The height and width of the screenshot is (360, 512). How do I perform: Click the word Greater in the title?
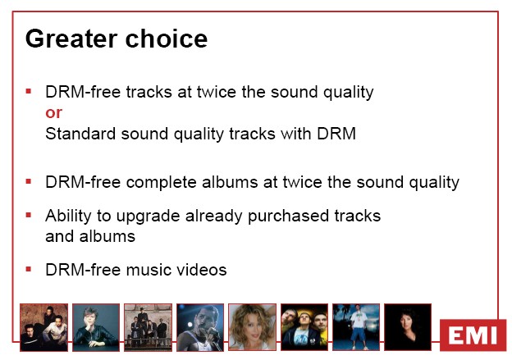pos(71,39)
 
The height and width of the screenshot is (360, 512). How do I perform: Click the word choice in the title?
pos(167,39)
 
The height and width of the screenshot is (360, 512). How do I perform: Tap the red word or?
pos(53,112)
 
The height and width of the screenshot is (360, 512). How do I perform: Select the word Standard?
pos(80,134)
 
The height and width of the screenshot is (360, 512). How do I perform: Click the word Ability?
pos(68,216)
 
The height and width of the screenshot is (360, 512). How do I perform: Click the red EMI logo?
pos(473,335)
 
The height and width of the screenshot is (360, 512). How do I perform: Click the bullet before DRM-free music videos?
pos(29,269)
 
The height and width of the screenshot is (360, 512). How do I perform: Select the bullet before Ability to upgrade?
pos(29,215)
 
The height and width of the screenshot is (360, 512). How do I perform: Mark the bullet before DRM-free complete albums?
pos(29,181)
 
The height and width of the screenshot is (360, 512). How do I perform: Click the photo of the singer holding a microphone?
pos(200,327)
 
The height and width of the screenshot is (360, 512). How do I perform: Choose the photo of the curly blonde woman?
pos(252,327)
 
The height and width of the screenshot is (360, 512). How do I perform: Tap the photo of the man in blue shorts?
pos(356,327)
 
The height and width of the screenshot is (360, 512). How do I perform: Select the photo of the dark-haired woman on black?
pos(408,327)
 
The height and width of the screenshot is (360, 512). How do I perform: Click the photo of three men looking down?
pos(304,327)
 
